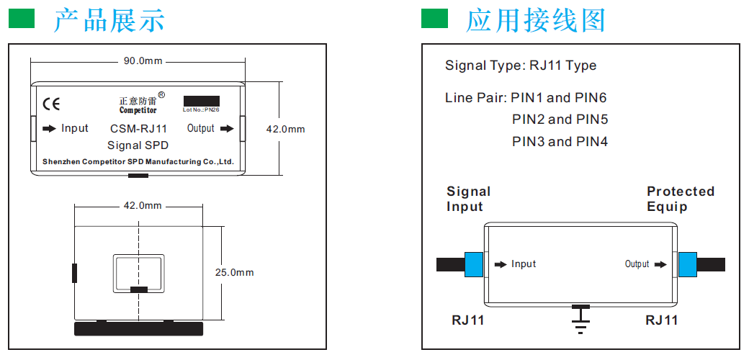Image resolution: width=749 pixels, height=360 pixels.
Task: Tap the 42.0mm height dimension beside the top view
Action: [x=286, y=130]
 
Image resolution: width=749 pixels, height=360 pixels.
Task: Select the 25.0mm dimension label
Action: [x=234, y=273]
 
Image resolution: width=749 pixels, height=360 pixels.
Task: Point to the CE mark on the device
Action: [x=51, y=104]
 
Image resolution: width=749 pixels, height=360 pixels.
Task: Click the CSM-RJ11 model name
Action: [x=138, y=130]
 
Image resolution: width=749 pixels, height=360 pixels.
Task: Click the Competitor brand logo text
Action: [x=138, y=110]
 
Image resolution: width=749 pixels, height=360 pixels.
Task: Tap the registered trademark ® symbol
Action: [x=161, y=95]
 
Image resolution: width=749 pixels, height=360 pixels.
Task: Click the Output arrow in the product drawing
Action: [x=227, y=129]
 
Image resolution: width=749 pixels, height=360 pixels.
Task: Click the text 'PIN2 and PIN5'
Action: [x=560, y=120]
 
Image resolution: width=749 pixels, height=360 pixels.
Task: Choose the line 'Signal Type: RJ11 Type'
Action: [x=521, y=66]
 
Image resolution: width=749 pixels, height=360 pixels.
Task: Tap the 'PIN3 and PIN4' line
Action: [x=560, y=142]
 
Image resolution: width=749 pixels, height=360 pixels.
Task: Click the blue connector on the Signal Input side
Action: [x=474, y=264]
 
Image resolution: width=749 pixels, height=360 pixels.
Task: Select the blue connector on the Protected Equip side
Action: [x=688, y=264]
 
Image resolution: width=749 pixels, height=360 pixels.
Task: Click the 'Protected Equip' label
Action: [x=680, y=199]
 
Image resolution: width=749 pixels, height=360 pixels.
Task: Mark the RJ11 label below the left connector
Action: [x=468, y=320]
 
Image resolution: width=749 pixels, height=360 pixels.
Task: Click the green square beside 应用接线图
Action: [x=434, y=19]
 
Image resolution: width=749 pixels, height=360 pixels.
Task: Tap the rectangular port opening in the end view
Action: [x=139, y=274]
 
